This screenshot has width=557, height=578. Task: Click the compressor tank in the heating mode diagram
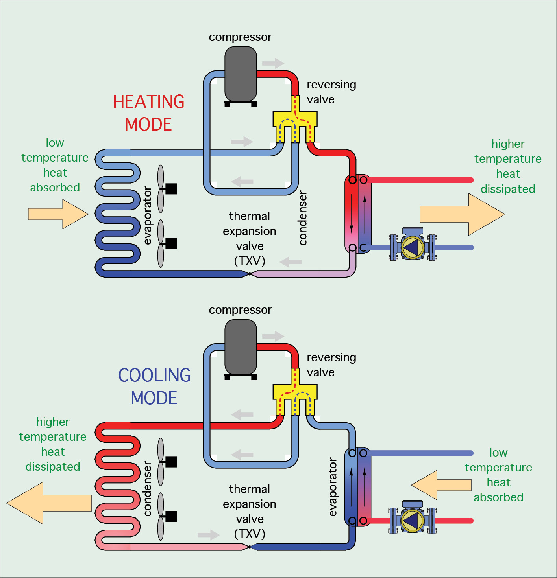241,74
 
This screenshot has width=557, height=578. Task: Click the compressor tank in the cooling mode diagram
241,347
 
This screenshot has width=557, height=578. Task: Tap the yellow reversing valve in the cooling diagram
295,392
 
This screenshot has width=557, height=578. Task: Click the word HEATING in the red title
149,101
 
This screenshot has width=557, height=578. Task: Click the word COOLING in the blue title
154,376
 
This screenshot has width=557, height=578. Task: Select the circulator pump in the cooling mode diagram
413,521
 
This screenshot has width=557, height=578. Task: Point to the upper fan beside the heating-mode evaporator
161,189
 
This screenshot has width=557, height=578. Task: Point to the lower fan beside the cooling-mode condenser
161,516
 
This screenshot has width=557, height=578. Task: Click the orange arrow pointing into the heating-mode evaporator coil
58,214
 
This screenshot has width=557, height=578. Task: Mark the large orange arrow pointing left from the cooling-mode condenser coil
49,503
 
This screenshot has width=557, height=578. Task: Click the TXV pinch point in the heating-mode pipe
250,274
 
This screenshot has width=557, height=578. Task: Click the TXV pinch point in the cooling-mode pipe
250,547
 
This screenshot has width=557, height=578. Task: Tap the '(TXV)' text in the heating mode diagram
250,261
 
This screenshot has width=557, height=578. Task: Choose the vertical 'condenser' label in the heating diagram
303,218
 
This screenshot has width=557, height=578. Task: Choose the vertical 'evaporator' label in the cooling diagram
333,487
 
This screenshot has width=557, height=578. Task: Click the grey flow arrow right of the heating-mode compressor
273,63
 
